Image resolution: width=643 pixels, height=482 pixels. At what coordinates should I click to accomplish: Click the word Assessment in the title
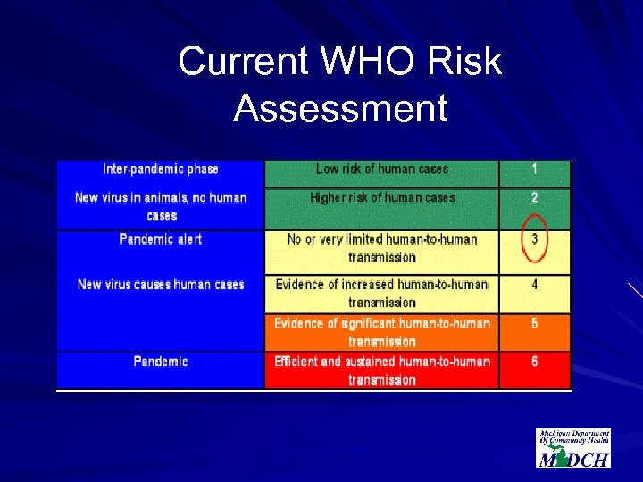click(x=340, y=109)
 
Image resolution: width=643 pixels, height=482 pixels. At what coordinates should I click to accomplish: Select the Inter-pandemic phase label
click(x=161, y=169)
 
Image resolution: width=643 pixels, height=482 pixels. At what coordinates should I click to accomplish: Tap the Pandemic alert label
click(x=161, y=239)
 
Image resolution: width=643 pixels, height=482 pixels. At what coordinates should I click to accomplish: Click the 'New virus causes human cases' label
click(x=161, y=285)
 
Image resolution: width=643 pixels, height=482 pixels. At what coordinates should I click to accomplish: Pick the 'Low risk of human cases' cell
click(x=382, y=169)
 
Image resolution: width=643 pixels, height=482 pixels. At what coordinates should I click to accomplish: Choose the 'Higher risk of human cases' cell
click(x=382, y=197)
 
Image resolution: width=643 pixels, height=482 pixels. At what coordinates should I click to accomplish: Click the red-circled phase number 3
click(x=535, y=239)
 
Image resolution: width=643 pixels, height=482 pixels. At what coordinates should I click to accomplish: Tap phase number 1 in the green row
click(x=535, y=169)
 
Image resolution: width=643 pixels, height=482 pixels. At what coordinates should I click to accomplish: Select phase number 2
click(x=535, y=197)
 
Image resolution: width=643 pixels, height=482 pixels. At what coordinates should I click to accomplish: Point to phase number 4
click(x=535, y=286)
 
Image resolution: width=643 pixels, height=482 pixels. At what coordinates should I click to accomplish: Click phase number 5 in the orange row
click(x=535, y=323)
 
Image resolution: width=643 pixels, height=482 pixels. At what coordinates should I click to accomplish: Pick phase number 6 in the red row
click(x=535, y=361)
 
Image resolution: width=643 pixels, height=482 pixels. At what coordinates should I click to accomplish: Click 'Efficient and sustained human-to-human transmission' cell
click(x=382, y=370)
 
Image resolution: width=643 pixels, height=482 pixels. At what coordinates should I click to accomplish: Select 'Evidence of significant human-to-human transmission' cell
click(x=382, y=332)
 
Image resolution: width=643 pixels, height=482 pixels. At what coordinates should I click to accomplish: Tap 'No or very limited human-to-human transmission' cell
click(x=382, y=248)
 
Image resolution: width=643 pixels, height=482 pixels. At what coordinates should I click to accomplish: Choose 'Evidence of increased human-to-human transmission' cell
click(x=382, y=294)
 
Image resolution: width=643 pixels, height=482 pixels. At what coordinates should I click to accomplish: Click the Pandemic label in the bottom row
click(x=161, y=361)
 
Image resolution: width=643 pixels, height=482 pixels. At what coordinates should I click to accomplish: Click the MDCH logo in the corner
click(x=573, y=448)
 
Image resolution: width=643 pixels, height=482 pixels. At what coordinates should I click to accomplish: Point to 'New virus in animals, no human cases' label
click(x=161, y=206)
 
